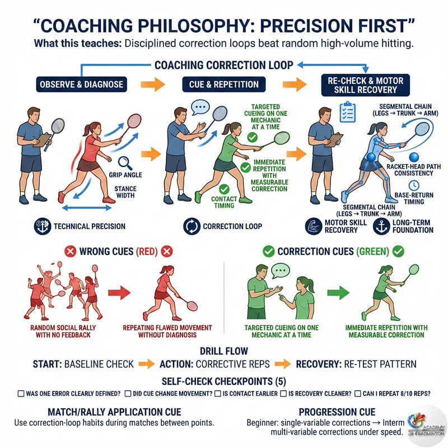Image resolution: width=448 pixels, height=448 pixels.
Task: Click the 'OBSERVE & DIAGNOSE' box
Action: click(80, 85)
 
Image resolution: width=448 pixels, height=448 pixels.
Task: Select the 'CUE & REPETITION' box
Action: click(224, 85)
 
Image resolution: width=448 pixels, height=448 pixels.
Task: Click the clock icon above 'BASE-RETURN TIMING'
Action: click(413, 185)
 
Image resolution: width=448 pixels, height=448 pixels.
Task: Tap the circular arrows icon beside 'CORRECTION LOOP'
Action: click(192, 227)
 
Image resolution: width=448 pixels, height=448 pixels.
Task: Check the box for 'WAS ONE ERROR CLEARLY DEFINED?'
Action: click(21, 394)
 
